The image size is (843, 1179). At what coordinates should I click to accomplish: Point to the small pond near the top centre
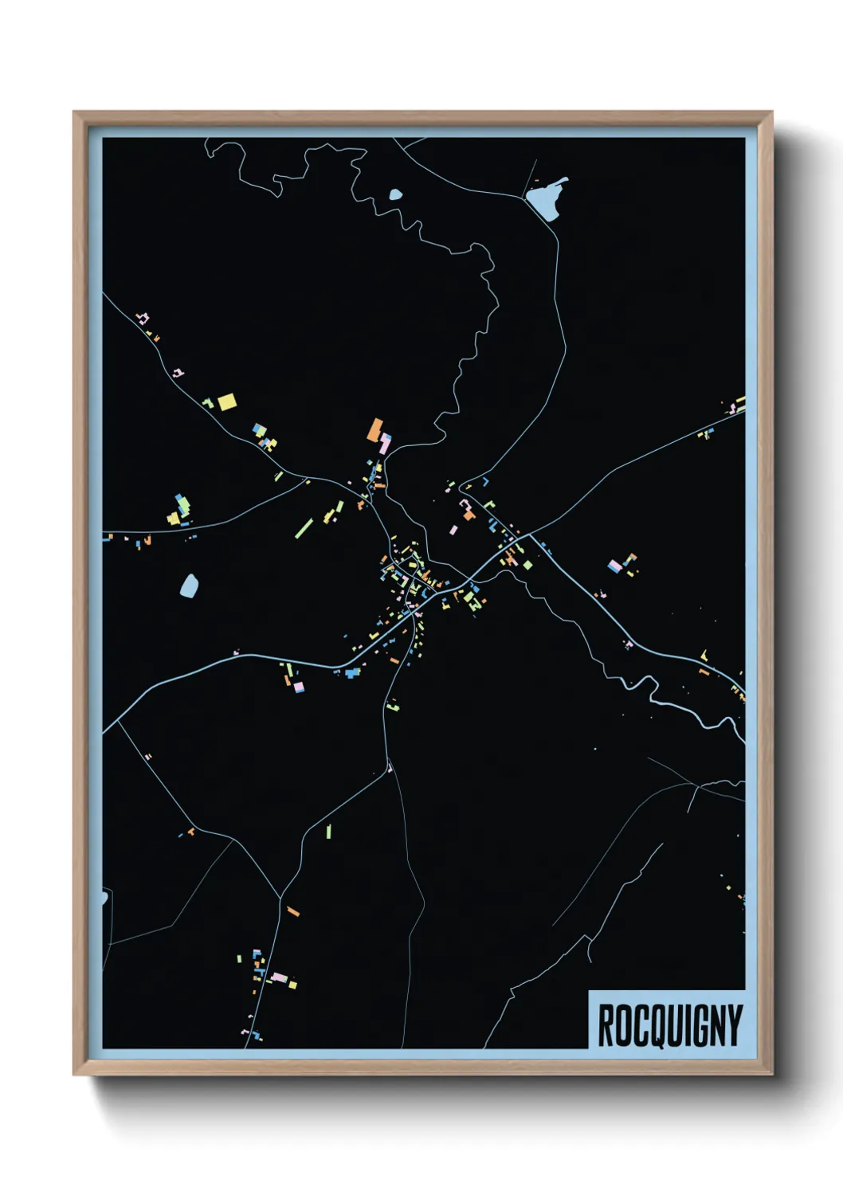pos(395,194)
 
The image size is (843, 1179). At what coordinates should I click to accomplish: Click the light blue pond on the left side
pos(190,586)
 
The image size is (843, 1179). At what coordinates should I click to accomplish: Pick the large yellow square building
pos(227,401)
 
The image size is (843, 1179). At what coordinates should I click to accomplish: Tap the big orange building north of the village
pos(374,430)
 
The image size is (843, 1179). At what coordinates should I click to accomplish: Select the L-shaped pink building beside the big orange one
pos(386,443)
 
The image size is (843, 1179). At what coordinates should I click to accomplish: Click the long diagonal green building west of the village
pos(304,528)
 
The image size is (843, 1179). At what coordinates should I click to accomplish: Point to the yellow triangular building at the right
pos(704,656)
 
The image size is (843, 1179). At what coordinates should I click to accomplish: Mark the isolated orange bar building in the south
pos(293,911)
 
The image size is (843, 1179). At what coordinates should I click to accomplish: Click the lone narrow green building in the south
pos(328,831)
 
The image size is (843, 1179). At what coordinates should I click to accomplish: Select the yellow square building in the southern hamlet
pos(292,985)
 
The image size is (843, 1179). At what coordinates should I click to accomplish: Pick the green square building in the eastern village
pos(527,565)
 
